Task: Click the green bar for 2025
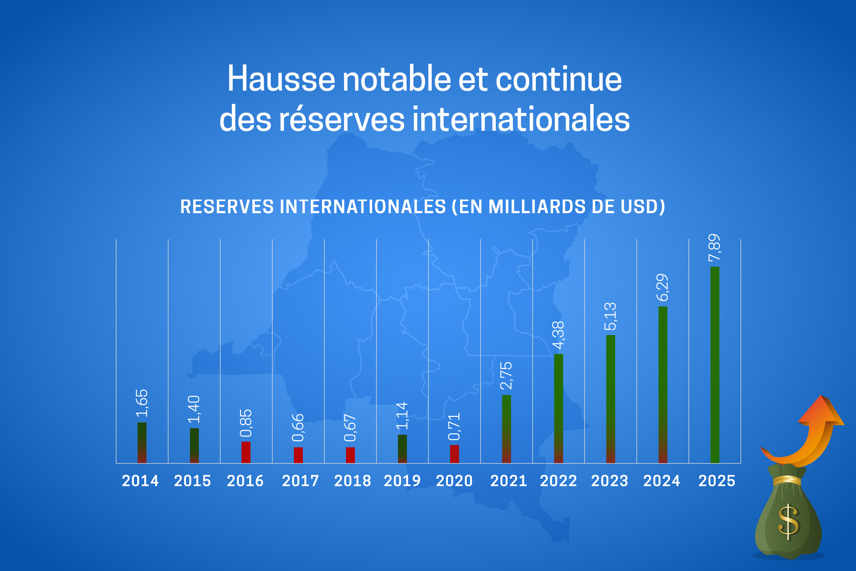tap(715, 365)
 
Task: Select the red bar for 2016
tap(246, 452)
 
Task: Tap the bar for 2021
tap(506, 429)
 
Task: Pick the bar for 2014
tap(142, 443)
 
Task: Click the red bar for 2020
tap(454, 454)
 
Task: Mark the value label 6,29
tap(662, 288)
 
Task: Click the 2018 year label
tap(352, 481)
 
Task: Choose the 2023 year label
tap(610, 481)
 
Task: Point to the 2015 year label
tap(193, 481)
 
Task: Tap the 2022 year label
tap(558, 481)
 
